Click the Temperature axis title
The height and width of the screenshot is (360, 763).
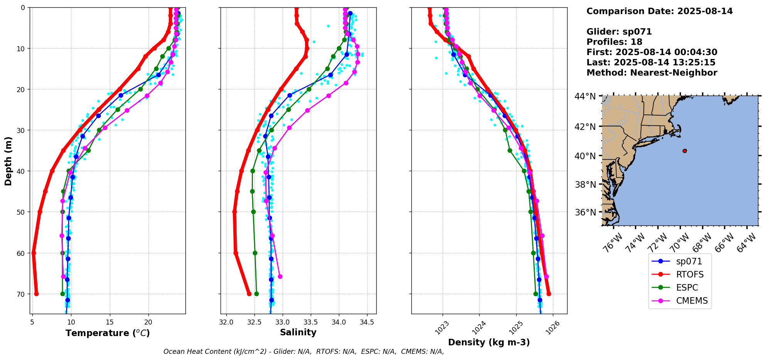pyautogui.click(x=108, y=333)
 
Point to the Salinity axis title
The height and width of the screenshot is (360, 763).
pyautogui.click(x=298, y=332)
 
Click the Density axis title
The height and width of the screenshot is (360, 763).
pyautogui.click(x=489, y=342)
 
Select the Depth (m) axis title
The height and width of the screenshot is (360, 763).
pyautogui.click(x=8, y=161)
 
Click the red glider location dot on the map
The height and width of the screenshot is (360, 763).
pyautogui.click(x=684, y=151)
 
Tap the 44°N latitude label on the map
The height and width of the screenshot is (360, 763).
pyautogui.click(x=585, y=96)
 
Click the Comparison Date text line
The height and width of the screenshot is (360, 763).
pyautogui.click(x=659, y=11)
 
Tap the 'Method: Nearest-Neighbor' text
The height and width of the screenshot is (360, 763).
pyautogui.click(x=652, y=72)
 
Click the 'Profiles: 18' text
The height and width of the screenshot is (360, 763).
pyautogui.click(x=614, y=42)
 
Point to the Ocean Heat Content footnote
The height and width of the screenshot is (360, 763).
pyautogui.click(x=303, y=352)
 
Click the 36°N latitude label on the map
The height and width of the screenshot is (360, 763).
pyautogui.click(x=585, y=212)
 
